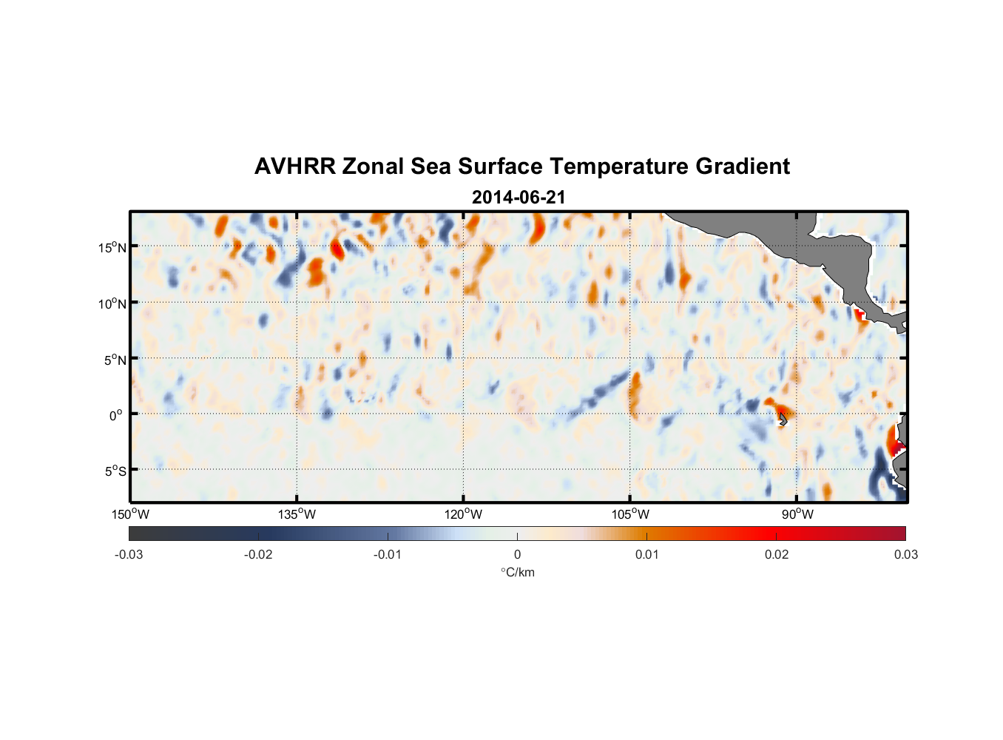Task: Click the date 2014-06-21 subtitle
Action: [x=518, y=198]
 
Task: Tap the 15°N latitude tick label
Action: [x=112, y=247]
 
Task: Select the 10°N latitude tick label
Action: [x=112, y=303]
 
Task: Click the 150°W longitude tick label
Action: [x=130, y=514]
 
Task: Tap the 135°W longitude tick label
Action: [x=297, y=514]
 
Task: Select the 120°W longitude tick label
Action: [x=463, y=514]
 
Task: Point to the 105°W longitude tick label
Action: [x=630, y=514]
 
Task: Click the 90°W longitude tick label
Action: [x=797, y=514]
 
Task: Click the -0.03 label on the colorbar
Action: [x=129, y=555]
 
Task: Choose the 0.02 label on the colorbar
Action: [x=777, y=555]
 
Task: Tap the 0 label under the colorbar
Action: [x=517, y=555]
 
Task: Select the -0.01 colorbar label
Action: [x=387, y=555]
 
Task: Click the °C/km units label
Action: [x=518, y=572]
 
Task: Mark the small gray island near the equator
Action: [x=783, y=420]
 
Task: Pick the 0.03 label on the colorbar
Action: [x=905, y=555]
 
